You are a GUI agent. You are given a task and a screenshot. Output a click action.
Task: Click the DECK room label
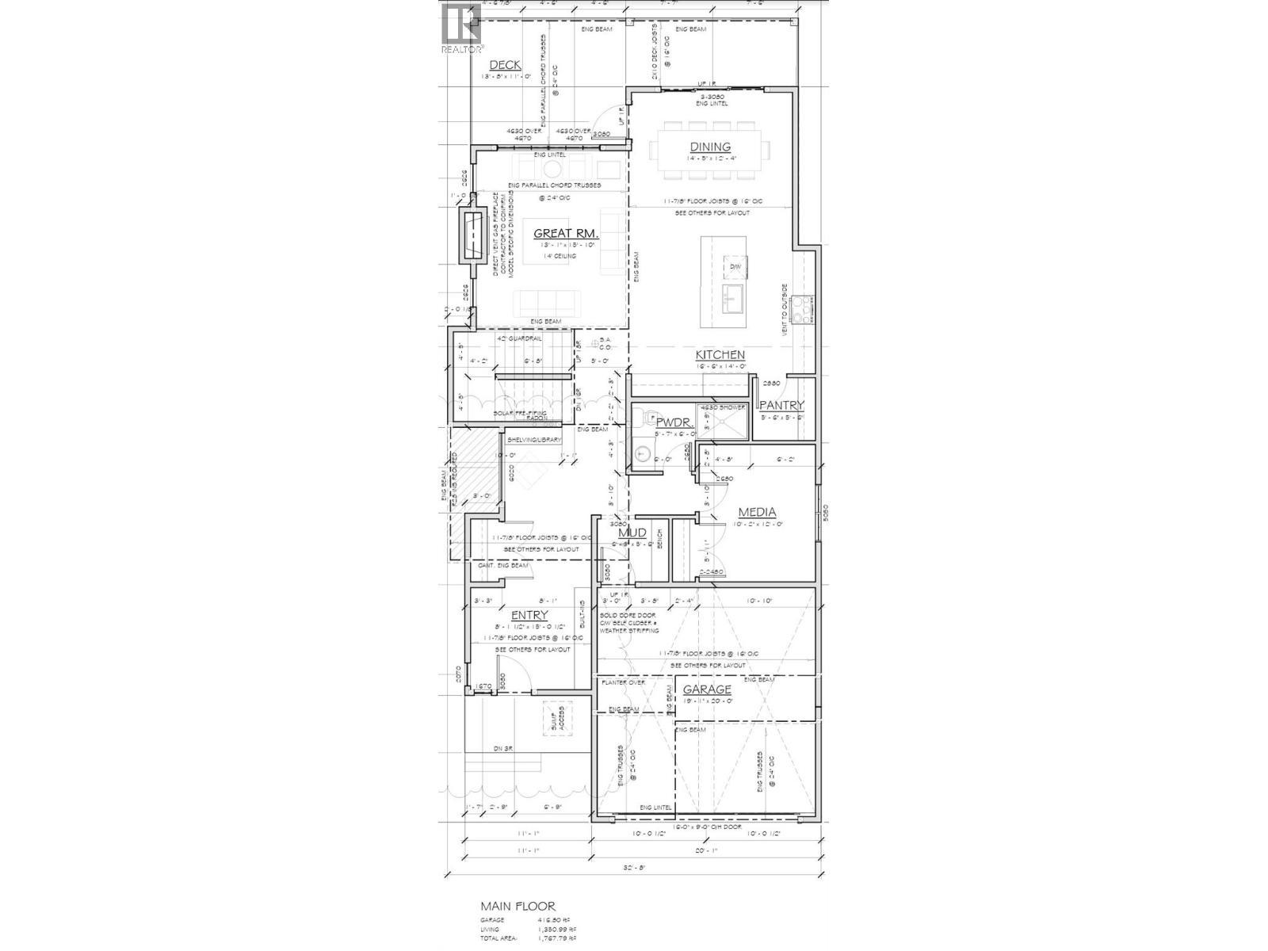pyautogui.click(x=505, y=65)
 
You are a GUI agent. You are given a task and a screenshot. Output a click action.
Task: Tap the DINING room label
pyautogui.click(x=710, y=147)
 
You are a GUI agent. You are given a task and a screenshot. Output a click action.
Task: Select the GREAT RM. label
pyautogui.click(x=566, y=233)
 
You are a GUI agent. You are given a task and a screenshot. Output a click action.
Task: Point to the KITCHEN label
pyautogui.click(x=720, y=355)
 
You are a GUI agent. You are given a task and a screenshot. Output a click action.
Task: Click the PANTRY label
pyautogui.click(x=782, y=406)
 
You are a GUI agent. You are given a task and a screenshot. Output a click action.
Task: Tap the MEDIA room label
pyautogui.click(x=757, y=513)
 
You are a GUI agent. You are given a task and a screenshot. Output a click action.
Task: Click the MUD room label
pyautogui.click(x=632, y=533)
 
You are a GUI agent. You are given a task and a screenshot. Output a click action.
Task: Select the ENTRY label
pyautogui.click(x=529, y=616)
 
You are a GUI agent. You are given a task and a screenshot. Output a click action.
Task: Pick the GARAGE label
pyautogui.click(x=707, y=689)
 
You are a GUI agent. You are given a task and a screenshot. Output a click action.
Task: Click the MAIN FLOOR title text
pyautogui.click(x=518, y=907)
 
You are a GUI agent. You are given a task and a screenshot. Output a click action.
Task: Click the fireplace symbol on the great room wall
pyautogui.click(x=474, y=236)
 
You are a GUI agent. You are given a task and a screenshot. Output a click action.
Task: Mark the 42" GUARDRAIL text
pyautogui.click(x=519, y=338)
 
